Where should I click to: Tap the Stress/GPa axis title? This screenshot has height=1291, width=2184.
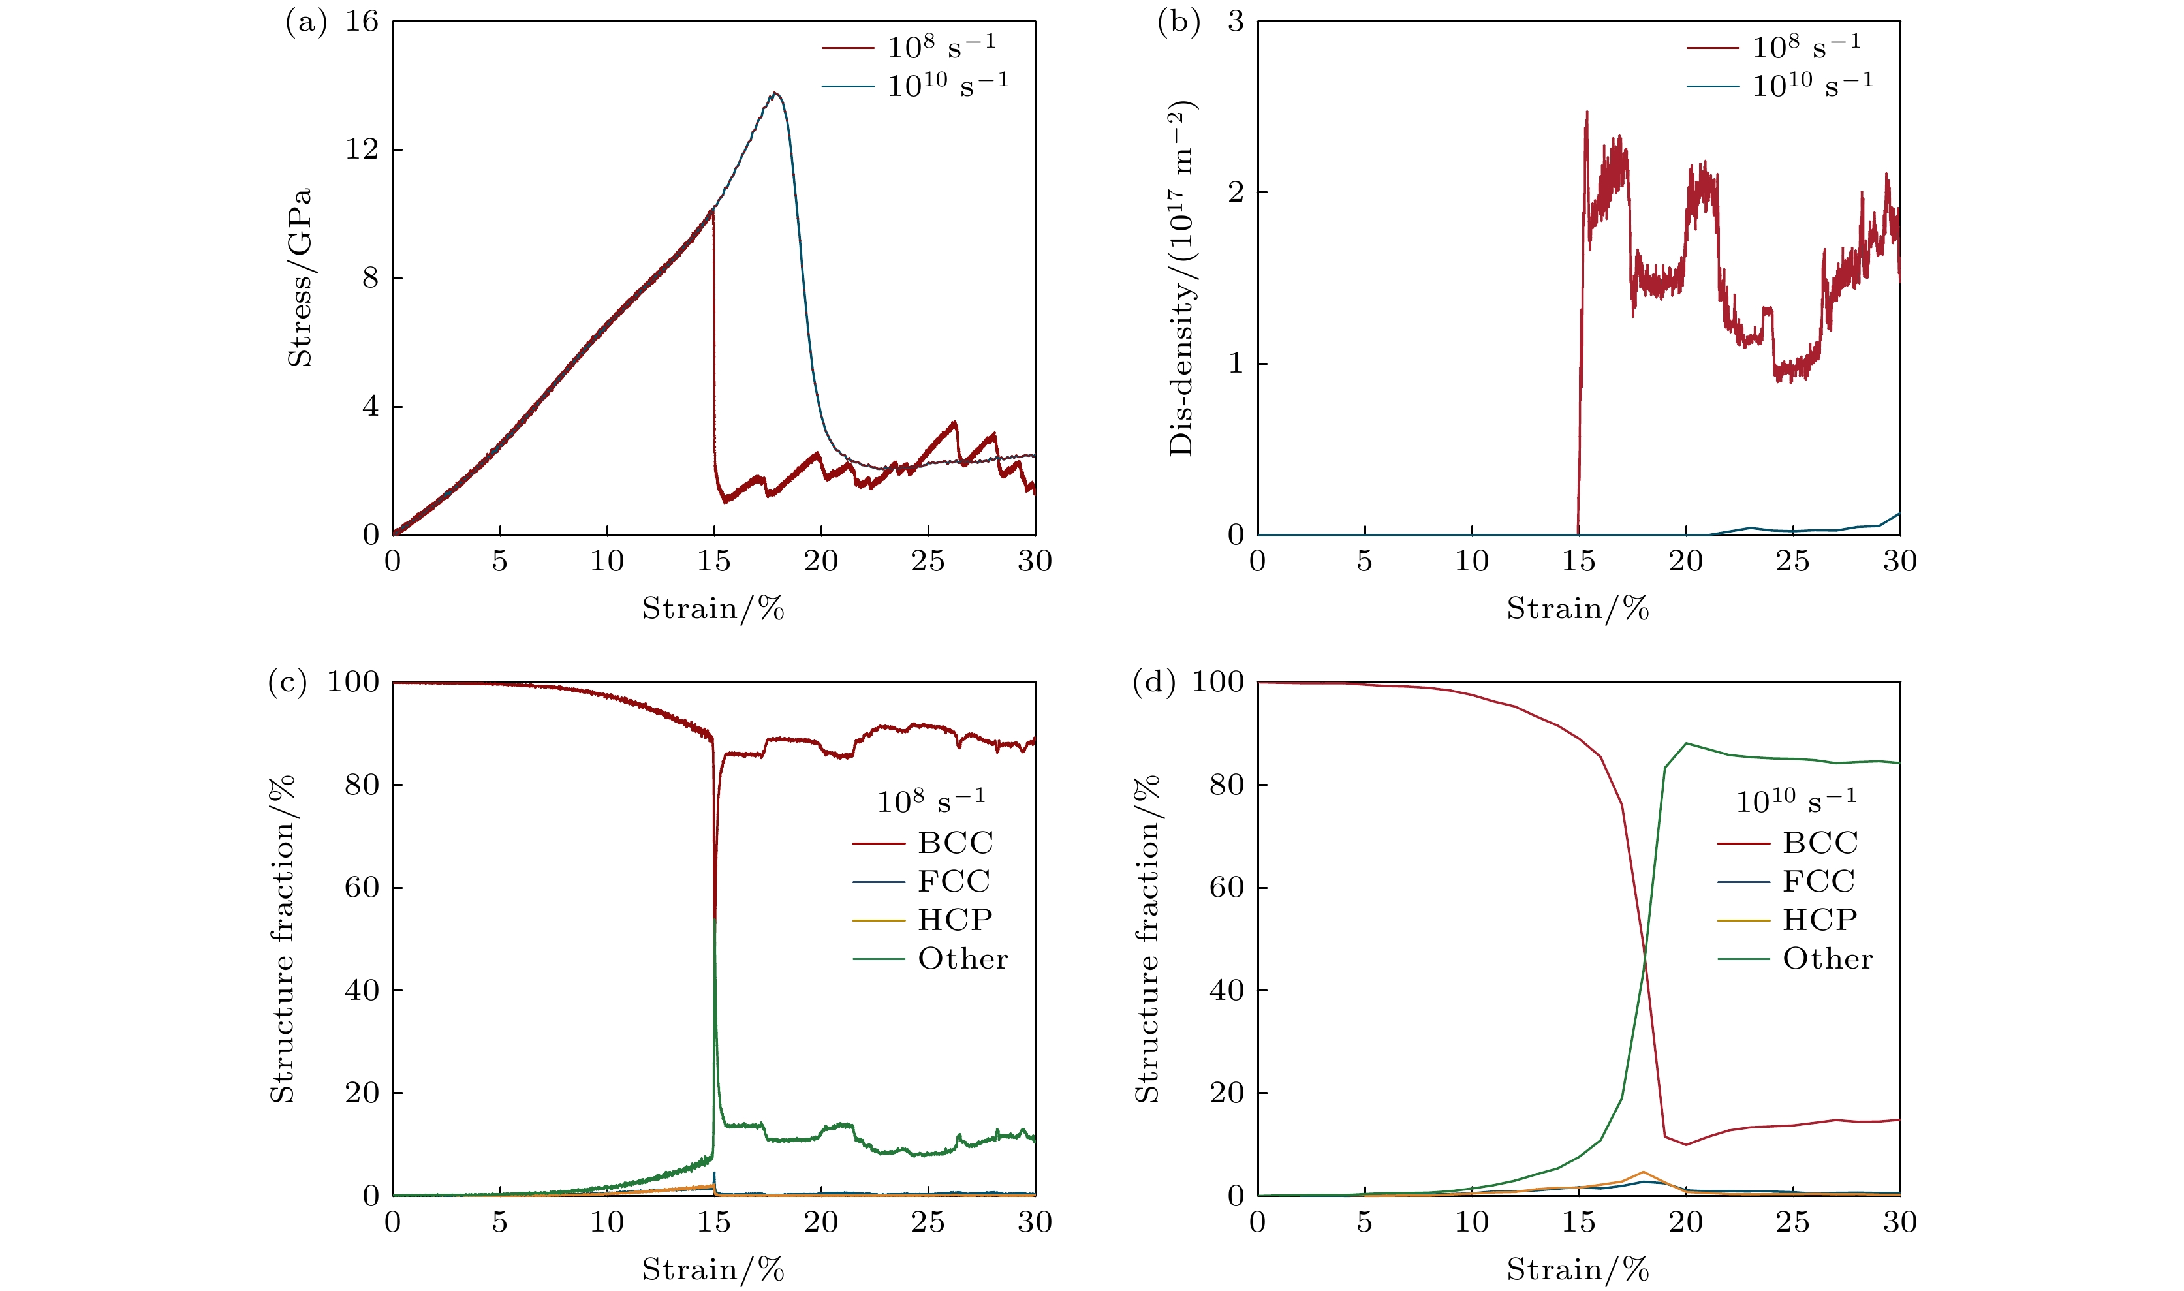click(299, 277)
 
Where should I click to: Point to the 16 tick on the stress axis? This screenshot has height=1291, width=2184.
click(362, 22)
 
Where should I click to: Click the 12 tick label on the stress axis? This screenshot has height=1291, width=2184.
click(362, 149)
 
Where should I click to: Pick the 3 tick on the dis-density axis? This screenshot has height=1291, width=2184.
click(1235, 22)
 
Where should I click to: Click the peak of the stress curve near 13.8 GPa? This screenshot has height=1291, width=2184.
click(774, 93)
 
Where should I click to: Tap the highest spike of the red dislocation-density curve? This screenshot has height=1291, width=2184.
click(1587, 112)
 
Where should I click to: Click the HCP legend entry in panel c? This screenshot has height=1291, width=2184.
click(954, 920)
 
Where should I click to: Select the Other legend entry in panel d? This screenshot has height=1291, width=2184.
click(1828, 959)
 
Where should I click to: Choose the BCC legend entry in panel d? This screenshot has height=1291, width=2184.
click(1820, 843)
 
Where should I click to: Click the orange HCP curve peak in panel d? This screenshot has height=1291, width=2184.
click(1643, 1172)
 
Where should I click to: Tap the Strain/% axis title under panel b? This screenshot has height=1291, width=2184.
click(1578, 609)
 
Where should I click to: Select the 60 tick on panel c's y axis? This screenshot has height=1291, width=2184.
click(362, 888)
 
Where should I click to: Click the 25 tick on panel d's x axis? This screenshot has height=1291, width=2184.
click(1792, 1222)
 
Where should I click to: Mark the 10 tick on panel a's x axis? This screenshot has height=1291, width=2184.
click(606, 562)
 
